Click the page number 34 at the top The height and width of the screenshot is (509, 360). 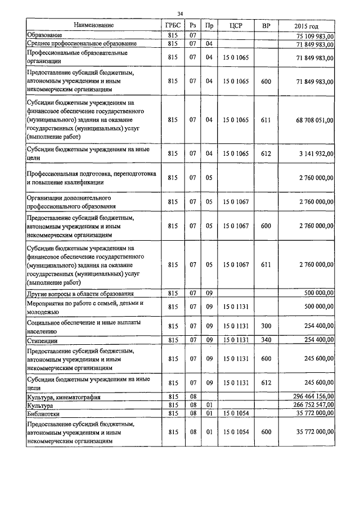tap(180, 14)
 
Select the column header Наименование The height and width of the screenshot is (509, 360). tap(93, 25)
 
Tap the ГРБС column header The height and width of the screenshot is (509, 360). tap(173, 25)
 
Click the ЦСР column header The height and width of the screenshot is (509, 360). tap(236, 25)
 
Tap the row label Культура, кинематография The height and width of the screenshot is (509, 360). tap(64, 397)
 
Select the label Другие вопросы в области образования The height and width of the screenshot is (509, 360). tap(80, 294)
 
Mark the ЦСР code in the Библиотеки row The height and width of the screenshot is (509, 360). tap(236, 413)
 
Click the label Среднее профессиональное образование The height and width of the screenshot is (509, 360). tap(82, 43)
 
